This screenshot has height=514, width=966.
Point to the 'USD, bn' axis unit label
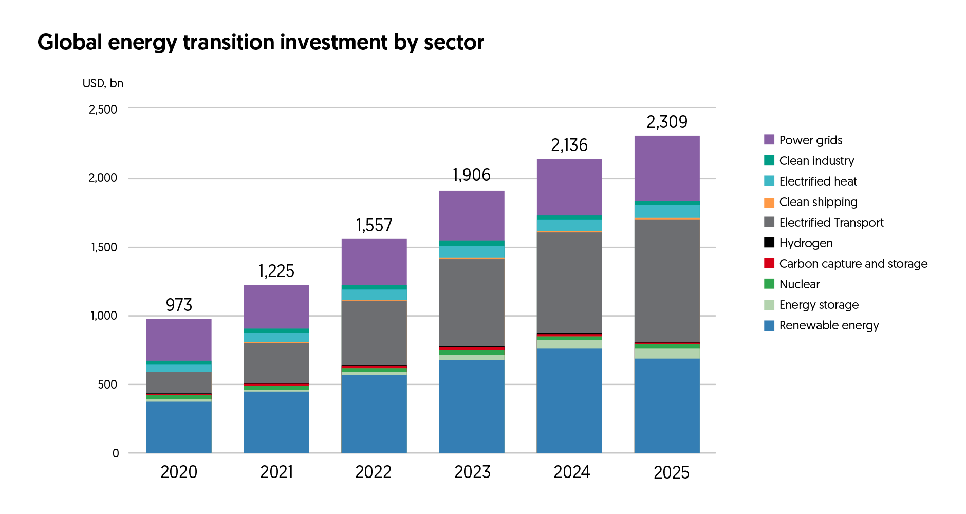pos(103,83)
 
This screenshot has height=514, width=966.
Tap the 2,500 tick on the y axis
pos(103,109)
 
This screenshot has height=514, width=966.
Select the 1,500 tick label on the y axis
pos(104,247)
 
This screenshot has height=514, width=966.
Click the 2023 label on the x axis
pos(472,472)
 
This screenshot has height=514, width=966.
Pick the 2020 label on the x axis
pos(179,472)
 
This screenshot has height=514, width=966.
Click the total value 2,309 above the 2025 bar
pos(666,122)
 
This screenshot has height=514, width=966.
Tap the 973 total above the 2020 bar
pos(179,305)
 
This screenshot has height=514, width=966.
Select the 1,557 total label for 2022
pos(374,225)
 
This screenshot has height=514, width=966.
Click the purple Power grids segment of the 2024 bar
pos(569,187)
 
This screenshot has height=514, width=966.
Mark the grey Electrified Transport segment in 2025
pos(667,280)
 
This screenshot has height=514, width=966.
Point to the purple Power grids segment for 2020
pos(179,339)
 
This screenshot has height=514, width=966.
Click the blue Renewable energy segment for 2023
pos(472,406)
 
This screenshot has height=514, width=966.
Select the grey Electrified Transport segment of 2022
pos(374,333)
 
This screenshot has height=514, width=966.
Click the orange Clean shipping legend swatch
pos(769,203)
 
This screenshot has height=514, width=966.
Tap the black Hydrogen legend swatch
pos(769,243)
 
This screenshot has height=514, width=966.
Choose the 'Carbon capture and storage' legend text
pos(853,264)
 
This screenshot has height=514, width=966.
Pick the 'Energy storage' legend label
pos(819,305)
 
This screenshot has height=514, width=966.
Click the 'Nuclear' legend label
pos(799,284)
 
